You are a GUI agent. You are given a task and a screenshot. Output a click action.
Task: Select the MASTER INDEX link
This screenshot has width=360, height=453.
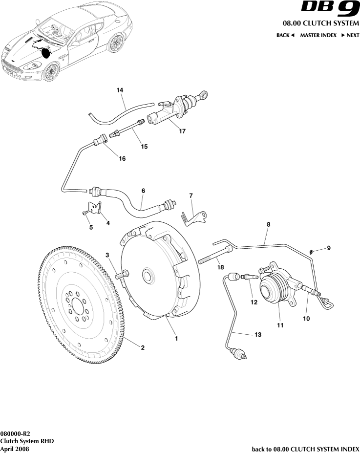(318, 35)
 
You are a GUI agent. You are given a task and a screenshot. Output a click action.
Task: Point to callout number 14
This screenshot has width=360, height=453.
(120, 90)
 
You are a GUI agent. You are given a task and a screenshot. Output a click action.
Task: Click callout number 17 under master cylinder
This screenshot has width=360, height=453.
(182, 131)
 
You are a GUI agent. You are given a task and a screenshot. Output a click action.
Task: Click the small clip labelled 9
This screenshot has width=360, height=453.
(312, 251)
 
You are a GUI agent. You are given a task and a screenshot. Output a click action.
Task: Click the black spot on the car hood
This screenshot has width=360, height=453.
(46, 53)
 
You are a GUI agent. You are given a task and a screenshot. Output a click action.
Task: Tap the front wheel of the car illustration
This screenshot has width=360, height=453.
(50, 72)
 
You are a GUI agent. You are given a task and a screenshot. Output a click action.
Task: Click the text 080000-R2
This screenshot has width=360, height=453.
(15, 433)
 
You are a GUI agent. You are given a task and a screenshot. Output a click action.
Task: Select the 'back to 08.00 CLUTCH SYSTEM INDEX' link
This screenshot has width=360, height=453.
(305, 449)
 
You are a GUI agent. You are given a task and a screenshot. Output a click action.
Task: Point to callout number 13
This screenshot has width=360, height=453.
(258, 335)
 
